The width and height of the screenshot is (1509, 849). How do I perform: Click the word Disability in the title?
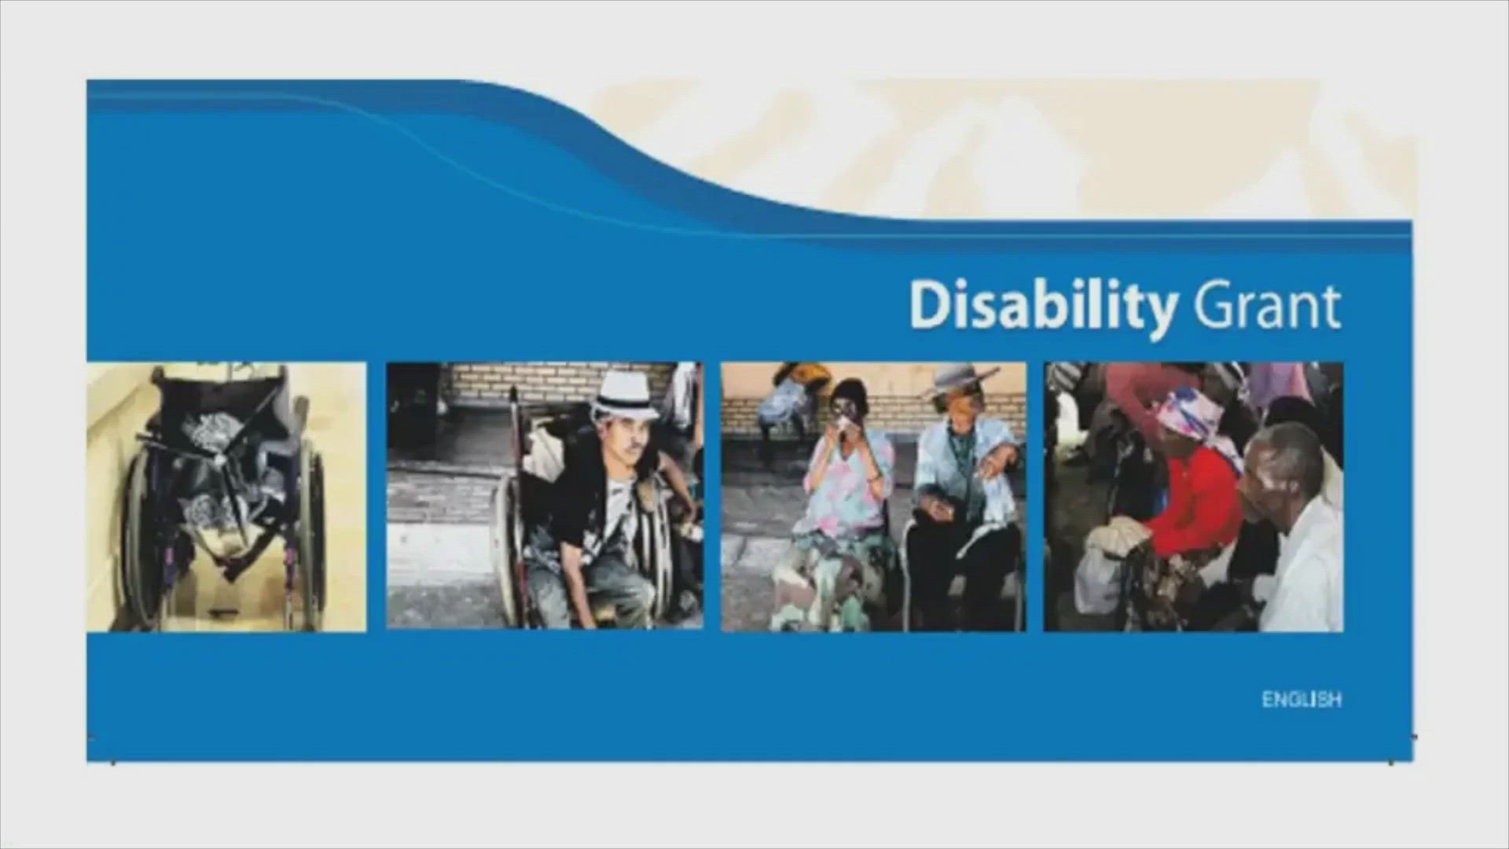pos(1043,306)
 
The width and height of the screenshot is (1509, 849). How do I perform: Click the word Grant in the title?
pos(1266,306)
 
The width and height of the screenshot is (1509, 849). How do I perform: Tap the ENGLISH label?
pos(1302,699)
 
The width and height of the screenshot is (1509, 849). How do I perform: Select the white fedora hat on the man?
pos(625,396)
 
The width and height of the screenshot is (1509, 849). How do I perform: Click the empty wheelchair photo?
pos(226,497)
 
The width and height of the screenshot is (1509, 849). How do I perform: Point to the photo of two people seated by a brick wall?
pos(874,497)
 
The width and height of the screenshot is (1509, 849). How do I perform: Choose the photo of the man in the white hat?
pos(545,495)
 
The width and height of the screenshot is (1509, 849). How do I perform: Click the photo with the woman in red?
pos(1193,497)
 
